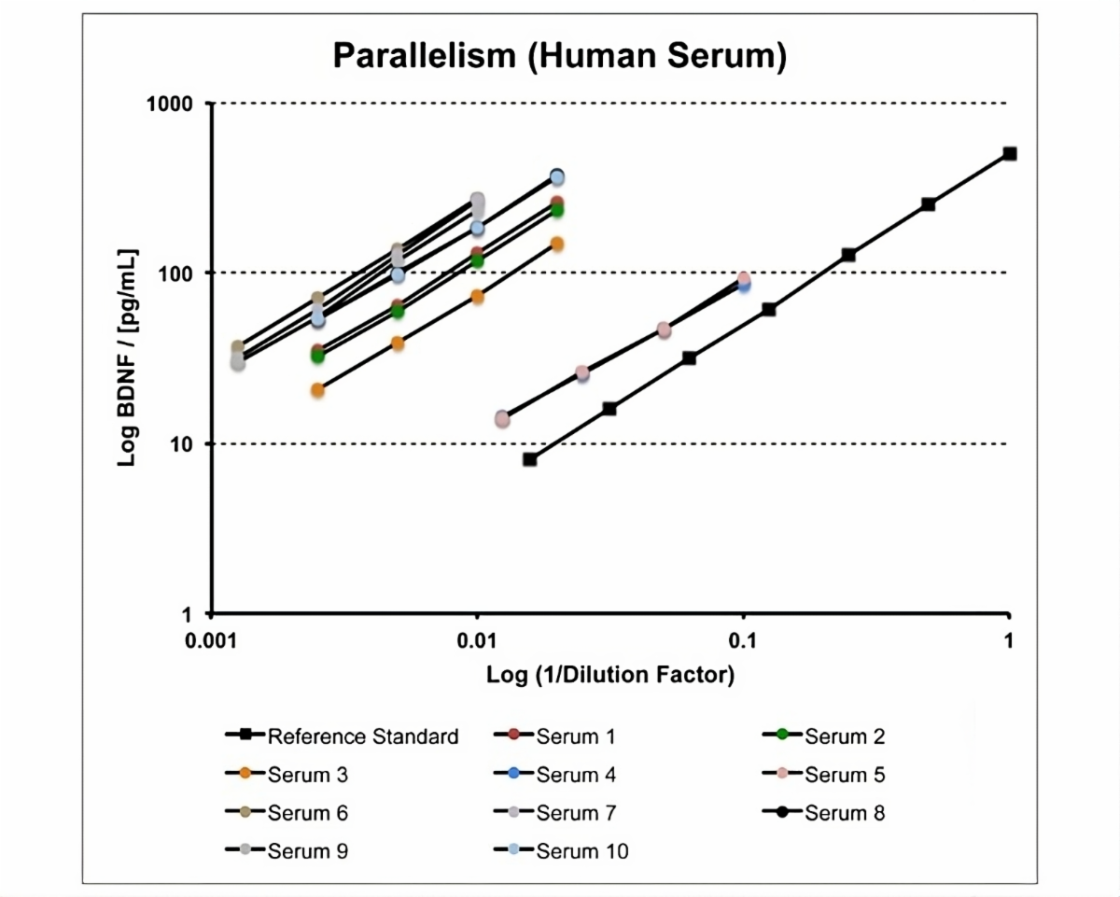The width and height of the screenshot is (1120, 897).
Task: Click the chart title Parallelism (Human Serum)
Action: pos(559,56)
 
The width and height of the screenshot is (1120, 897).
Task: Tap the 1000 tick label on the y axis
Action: pos(170,104)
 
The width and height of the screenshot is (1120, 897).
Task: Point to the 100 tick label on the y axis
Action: pos(175,273)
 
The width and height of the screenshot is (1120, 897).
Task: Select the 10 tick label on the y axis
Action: pos(181,444)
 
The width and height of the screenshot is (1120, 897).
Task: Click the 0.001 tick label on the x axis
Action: pos(211,640)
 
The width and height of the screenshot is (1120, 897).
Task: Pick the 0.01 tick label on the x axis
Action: pos(477,640)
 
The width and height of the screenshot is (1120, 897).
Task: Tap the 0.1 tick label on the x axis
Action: pos(743,640)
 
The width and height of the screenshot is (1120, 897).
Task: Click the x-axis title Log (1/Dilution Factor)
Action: pos(610,675)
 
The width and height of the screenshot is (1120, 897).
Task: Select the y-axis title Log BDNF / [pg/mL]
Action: pos(127,358)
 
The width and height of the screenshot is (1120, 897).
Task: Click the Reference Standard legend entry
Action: pos(342,736)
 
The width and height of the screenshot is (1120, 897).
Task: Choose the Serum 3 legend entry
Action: pos(287,775)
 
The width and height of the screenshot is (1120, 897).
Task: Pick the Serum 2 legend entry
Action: pos(823,736)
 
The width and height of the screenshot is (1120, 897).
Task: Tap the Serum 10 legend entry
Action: pos(561,851)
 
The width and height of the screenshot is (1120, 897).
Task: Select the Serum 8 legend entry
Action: pos(823,813)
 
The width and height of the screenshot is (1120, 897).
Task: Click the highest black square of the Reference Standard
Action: pos(1010,154)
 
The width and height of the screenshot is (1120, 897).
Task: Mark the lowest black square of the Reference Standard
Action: pos(530,459)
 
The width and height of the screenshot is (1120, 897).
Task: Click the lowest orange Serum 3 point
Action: pos(317,390)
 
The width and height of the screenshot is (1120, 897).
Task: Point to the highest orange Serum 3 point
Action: pos(557,244)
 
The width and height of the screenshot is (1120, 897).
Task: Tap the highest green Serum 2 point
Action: pos(557,211)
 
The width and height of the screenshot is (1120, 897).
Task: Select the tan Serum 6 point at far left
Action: pos(238,346)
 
